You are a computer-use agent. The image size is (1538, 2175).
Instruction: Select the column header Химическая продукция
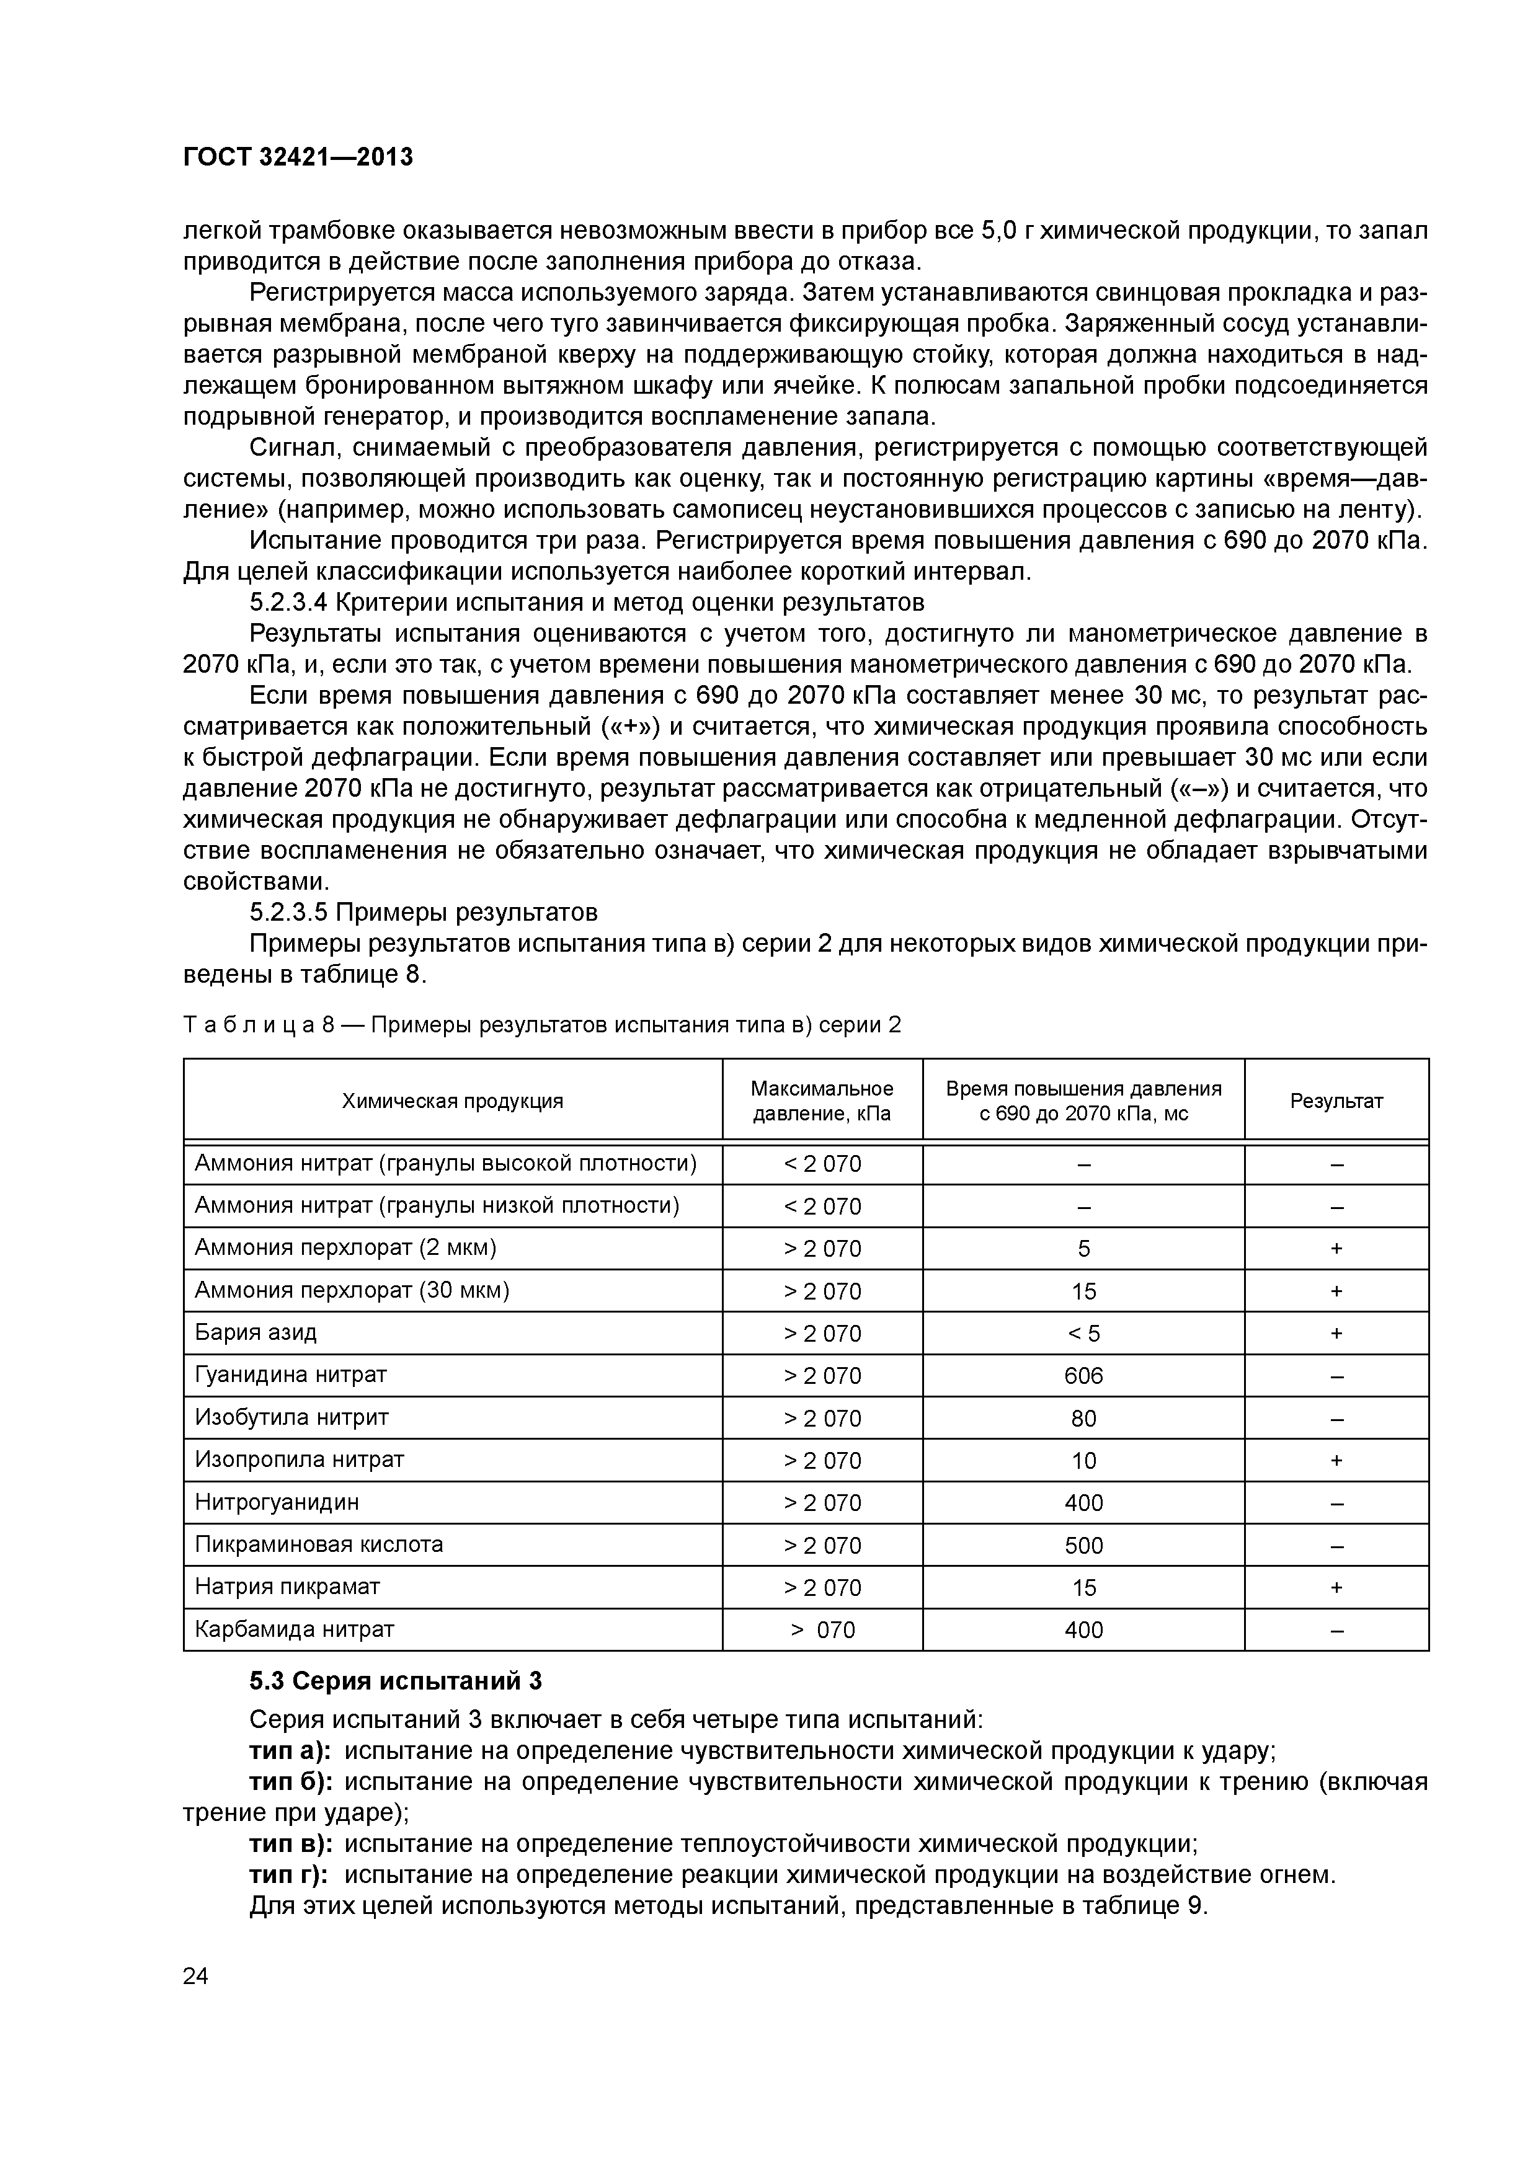coord(452,1101)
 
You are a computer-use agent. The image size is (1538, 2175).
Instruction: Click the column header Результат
coord(1336,1101)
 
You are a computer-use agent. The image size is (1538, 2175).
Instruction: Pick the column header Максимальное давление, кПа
coord(822,1101)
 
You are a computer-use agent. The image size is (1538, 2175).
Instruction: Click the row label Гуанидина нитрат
coord(291,1375)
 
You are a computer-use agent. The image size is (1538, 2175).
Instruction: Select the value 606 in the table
coord(1083,1375)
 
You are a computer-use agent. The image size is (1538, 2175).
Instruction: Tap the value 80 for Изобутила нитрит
coord(1083,1418)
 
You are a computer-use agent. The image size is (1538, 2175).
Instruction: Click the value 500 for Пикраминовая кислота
coord(1083,1545)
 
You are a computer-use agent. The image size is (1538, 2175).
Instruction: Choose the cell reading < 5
coord(1083,1334)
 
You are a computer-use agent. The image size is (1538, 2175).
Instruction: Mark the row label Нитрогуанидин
coord(277,1502)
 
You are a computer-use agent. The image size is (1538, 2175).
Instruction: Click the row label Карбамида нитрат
coord(294,1629)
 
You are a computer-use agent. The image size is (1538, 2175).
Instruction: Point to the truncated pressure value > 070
coord(822,1630)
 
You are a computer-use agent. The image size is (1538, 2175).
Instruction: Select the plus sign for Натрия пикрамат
coord(1336,1588)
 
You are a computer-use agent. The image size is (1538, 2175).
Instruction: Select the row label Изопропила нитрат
coord(300,1460)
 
